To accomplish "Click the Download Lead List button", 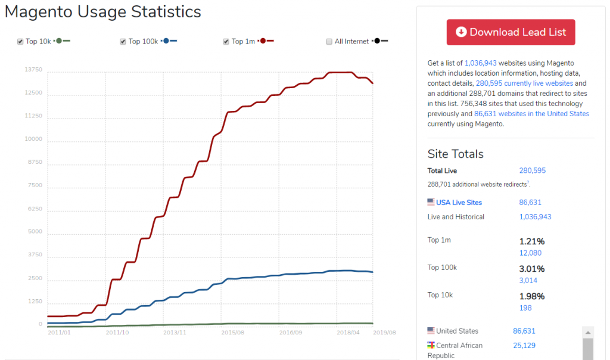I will [511, 32].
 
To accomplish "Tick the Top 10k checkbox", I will [20, 42].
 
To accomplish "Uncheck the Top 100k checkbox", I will [123, 42].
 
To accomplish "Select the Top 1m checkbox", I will [226, 42].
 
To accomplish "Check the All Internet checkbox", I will [329, 42].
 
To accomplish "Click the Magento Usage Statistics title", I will [103, 12].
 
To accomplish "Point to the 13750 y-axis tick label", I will [33, 70].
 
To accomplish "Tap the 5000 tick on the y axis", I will [36, 232].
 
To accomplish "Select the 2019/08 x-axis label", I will [384, 332].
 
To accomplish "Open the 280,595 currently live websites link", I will [524, 83].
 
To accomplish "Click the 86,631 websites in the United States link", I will [541, 114].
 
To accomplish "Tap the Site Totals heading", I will [456, 154].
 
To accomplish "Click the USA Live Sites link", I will [459, 203].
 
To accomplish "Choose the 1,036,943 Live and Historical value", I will [535, 217].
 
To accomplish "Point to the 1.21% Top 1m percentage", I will [532, 241].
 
